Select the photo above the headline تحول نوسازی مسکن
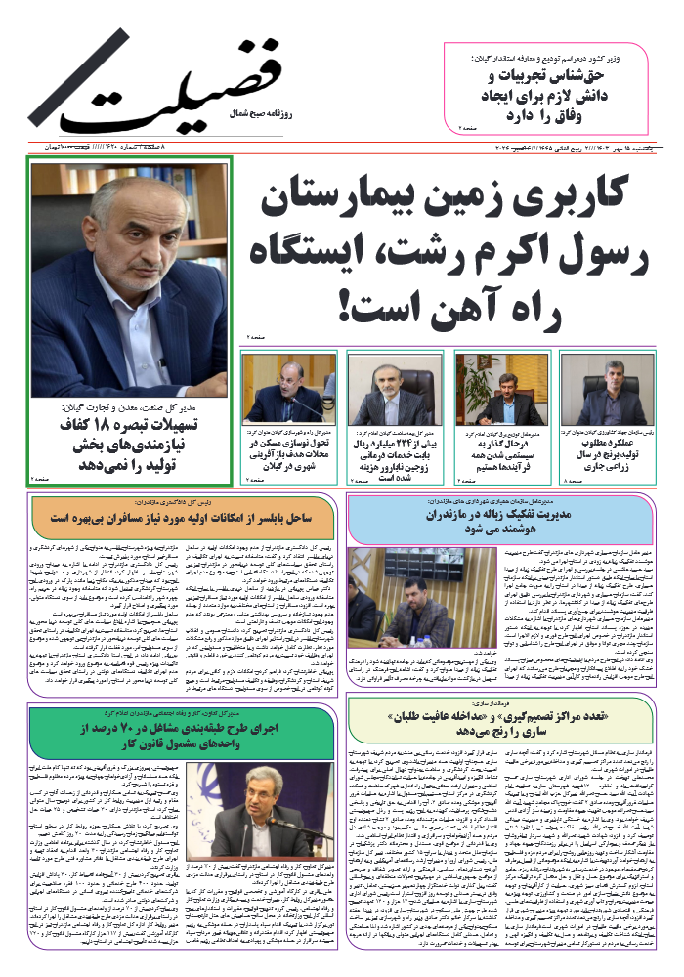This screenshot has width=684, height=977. (289, 388)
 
